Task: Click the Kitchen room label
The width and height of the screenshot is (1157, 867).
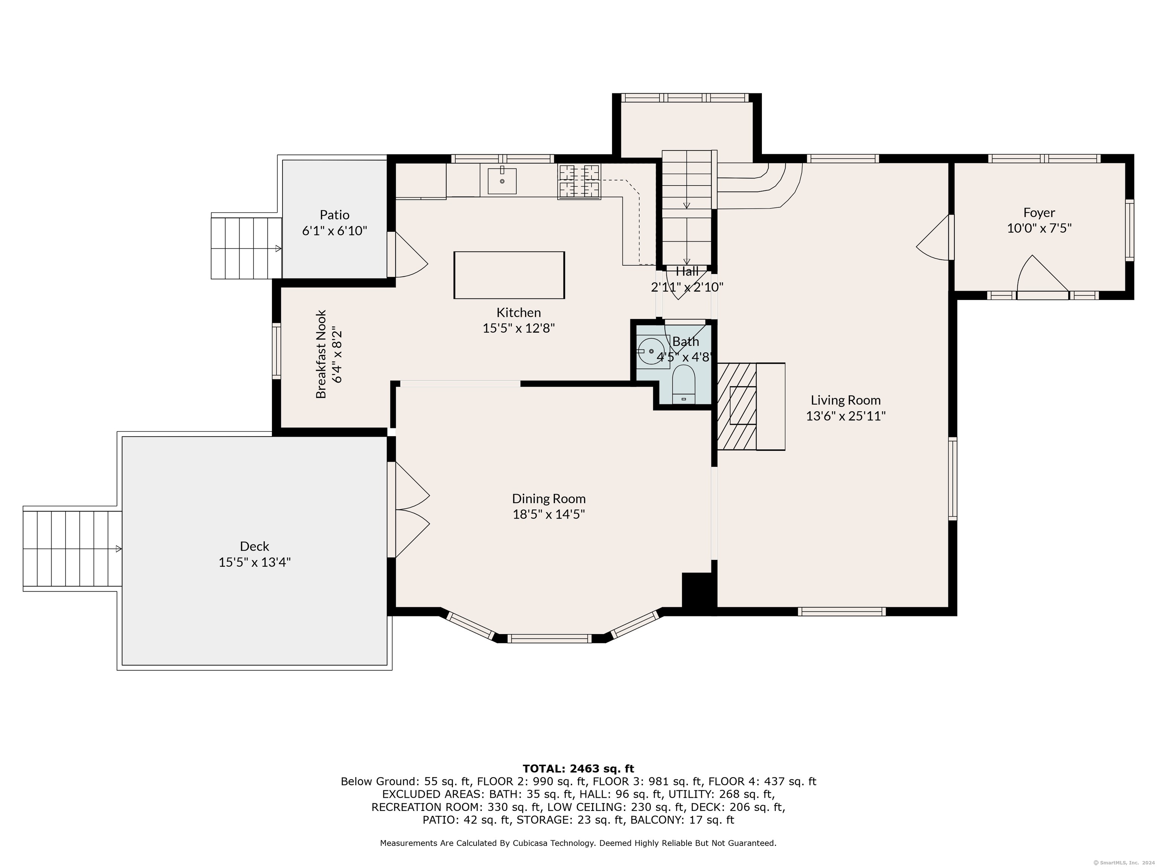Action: [x=518, y=312]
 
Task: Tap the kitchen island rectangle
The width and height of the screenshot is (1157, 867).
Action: [x=509, y=275]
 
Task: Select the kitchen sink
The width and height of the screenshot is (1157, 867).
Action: [x=502, y=181]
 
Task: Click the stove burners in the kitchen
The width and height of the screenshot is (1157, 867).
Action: [x=579, y=181]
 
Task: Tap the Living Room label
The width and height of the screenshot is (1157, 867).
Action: [x=846, y=400]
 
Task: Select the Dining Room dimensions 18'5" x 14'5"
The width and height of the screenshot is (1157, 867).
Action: [x=549, y=514]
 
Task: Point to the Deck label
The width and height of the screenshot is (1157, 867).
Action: [x=255, y=546]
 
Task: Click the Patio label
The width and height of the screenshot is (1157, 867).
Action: [x=335, y=215]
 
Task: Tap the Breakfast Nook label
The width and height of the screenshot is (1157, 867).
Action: [x=321, y=354]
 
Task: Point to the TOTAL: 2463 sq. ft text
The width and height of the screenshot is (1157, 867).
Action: [x=578, y=769]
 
